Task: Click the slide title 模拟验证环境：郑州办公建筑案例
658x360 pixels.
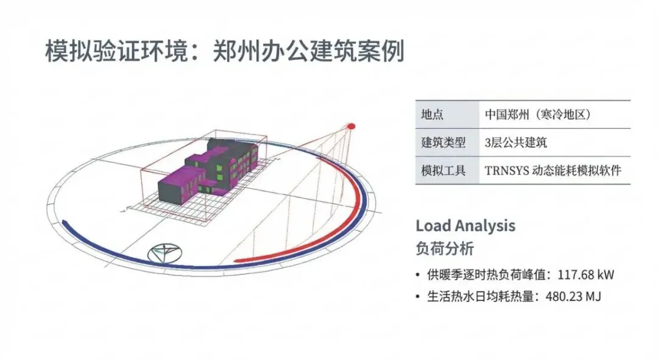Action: (225, 52)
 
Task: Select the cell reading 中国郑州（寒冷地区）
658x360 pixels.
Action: (538, 115)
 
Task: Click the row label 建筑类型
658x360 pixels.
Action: (443, 143)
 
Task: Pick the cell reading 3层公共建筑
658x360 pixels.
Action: (516, 143)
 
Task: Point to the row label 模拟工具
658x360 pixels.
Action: (443, 171)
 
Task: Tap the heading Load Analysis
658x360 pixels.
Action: (465, 226)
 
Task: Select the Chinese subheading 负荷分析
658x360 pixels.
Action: (445, 249)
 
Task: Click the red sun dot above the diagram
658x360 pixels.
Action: (351, 126)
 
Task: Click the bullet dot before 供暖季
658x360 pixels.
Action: (417, 275)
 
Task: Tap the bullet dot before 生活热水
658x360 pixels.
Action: (417, 297)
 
